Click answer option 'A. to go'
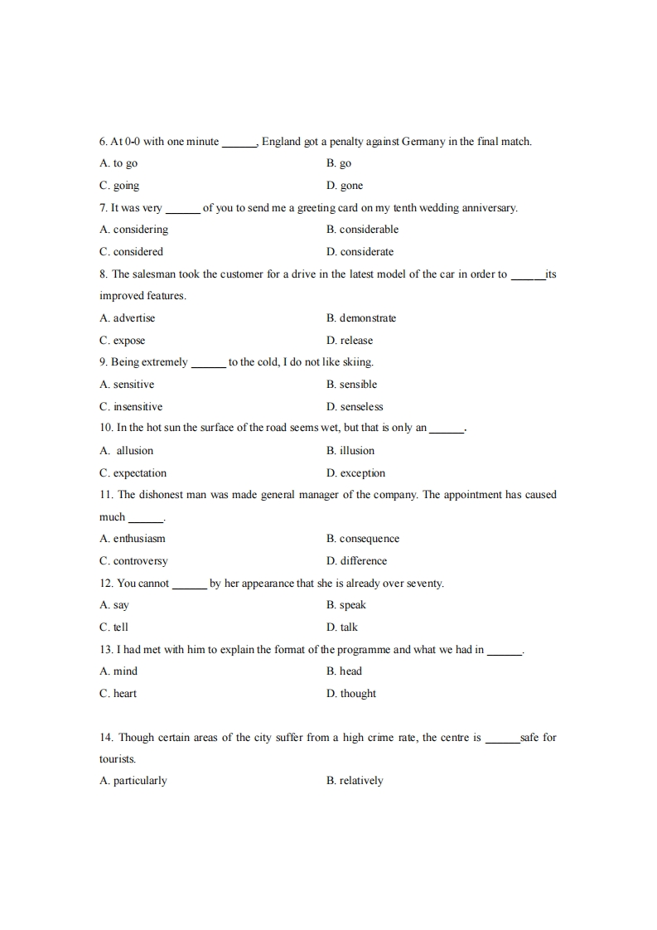coord(118,164)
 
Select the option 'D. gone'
coord(345,186)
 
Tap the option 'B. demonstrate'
coord(361,318)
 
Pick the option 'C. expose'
coord(122,341)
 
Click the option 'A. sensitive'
coord(127,385)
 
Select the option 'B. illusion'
coord(350,451)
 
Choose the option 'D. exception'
coord(355,473)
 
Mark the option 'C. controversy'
coord(133,561)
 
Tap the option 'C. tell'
coord(114,627)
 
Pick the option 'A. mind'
coord(118,671)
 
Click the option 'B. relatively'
coord(355,781)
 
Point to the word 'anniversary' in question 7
coord(488,208)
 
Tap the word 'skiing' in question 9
coord(356,362)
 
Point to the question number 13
coord(104,650)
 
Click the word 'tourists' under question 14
coord(117,759)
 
